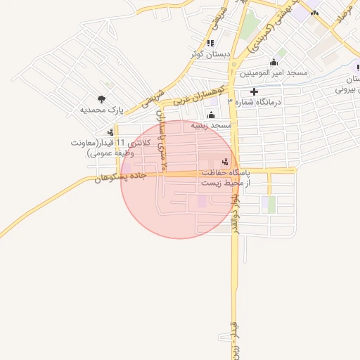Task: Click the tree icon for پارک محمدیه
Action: [103, 99]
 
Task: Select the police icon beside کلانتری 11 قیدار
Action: [110, 131]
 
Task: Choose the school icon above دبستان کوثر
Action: [210, 44]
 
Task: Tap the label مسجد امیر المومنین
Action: [274, 73]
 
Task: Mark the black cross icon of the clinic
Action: [254, 91]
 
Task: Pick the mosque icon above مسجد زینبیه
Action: [211, 115]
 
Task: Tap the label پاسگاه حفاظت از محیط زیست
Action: [224, 177]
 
